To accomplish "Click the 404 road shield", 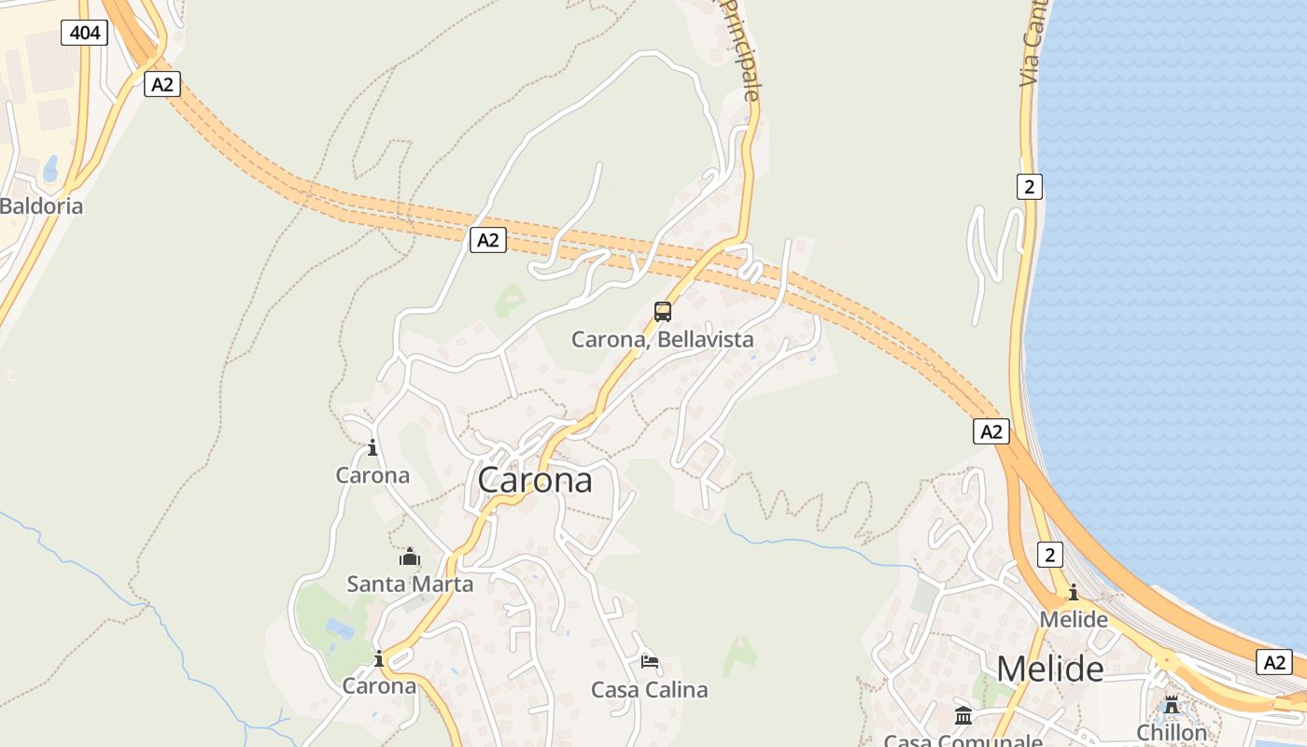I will point(85,34).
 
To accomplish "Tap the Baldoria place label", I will point(41,206).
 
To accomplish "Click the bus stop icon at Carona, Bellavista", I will point(663,312).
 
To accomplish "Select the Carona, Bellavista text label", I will point(662,340).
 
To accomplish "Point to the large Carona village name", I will point(535,480).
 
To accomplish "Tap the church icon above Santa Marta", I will point(409,557).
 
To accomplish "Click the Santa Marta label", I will point(410,585).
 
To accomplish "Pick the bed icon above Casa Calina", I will point(650,662).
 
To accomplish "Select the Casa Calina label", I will point(649,690).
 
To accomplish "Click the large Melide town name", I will point(1050,669).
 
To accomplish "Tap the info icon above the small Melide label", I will point(1073,592).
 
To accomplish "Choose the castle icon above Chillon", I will point(1172,705).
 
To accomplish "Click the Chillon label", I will point(1172,732).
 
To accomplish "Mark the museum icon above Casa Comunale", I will point(963,716).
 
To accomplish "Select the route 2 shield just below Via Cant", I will point(1029,187).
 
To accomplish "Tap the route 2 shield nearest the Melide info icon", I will point(1049,556).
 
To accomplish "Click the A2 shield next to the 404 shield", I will point(162,85).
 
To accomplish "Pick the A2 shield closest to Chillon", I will point(1273,662).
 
